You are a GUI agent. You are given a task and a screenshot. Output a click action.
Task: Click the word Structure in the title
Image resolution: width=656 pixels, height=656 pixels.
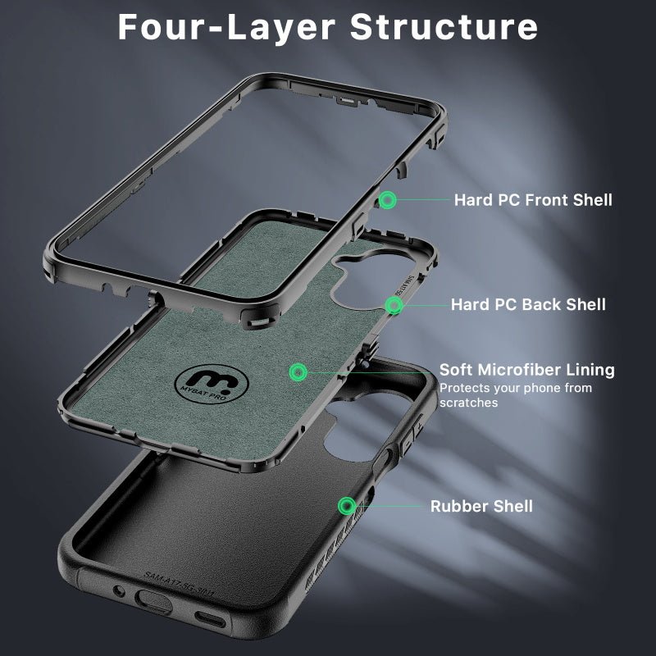[444, 26]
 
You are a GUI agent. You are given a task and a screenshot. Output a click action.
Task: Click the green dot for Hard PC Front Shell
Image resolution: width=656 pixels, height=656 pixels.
[386, 199]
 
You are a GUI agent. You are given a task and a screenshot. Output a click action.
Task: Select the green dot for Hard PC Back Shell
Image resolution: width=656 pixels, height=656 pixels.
[394, 305]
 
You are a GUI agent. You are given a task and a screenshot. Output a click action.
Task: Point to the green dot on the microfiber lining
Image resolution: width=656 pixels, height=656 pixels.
[297, 371]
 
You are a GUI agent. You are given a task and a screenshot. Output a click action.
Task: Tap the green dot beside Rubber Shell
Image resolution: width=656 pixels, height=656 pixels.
[347, 505]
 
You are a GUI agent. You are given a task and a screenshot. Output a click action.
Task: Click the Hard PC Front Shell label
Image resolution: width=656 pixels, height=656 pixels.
[533, 199]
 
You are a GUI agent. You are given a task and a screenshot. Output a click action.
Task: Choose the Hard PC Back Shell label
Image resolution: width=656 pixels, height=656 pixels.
[528, 305]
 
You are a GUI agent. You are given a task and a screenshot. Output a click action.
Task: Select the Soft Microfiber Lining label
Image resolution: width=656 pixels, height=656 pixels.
[526, 370]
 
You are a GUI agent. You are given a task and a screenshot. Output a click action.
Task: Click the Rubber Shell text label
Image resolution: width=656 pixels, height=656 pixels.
[481, 506]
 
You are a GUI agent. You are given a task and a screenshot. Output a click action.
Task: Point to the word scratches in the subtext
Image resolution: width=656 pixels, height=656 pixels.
[468, 403]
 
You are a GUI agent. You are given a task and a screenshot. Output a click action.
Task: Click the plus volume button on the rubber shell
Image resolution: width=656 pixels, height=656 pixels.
[420, 427]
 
